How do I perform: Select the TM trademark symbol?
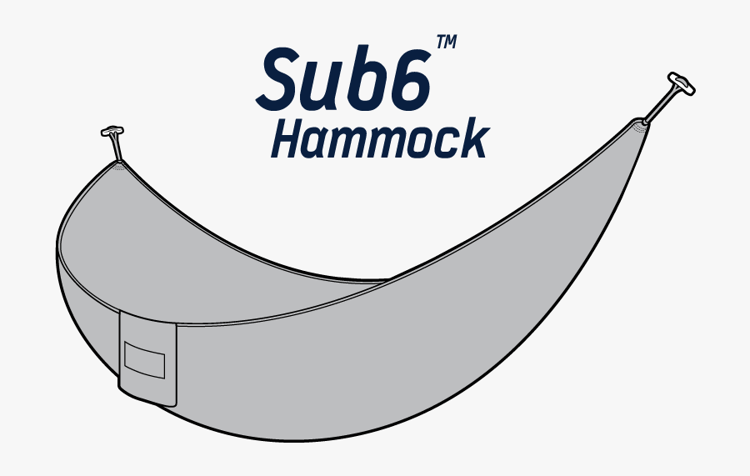pyautogui.click(x=447, y=42)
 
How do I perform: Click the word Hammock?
pyautogui.click(x=380, y=138)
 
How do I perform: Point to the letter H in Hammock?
pyautogui.click(x=289, y=138)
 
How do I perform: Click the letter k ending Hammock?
pyautogui.click(x=473, y=138)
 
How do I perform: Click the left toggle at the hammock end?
pyautogui.click(x=112, y=131)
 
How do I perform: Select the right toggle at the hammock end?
pyautogui.click(x=681, y=83)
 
